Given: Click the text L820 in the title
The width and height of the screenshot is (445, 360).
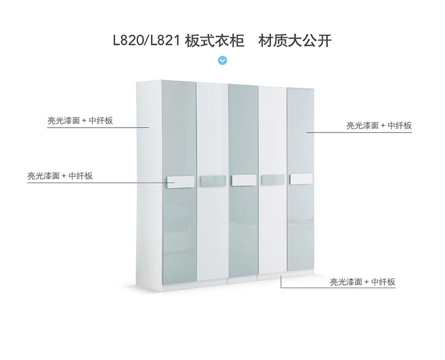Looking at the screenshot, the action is [128, 41].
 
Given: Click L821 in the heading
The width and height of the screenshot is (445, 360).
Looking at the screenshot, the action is [165, 41].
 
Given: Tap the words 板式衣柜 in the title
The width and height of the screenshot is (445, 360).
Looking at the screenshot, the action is [215, 41].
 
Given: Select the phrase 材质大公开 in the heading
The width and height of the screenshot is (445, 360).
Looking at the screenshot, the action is [295, 41].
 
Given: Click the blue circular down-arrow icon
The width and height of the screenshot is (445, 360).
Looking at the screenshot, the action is [222, 60].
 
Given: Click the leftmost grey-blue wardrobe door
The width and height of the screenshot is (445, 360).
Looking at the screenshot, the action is [179, 182].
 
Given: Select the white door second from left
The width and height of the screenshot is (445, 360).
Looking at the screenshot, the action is [212, 181].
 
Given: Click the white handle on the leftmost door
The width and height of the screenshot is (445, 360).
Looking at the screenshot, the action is [180, 182].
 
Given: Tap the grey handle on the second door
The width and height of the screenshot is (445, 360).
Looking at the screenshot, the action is [213, 181].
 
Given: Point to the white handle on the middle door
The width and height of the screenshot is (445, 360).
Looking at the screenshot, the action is [244, 181].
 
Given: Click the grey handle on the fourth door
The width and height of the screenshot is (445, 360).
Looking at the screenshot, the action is [273, 180].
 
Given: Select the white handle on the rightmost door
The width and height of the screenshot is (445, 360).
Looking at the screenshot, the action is [301, 179].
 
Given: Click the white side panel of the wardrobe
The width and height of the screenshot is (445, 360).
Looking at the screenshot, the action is [149, 185].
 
